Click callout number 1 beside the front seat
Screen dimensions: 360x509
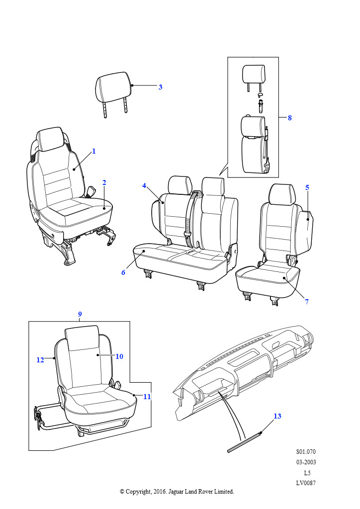94,151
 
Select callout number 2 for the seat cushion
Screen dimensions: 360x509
104,182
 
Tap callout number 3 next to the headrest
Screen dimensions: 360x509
161,87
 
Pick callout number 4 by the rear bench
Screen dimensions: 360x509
144,186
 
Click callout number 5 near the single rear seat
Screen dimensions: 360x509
307,187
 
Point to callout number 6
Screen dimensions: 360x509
123,273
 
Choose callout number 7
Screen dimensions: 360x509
307,302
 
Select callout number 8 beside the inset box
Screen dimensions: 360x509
290,118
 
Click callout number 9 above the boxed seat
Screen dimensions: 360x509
80,314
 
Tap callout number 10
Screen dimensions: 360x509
119,356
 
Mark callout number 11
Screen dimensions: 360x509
147,397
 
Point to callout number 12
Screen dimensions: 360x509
40,360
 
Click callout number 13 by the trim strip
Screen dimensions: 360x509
277,416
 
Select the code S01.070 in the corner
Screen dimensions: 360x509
306,451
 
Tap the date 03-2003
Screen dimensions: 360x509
306,462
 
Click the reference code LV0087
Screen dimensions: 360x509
306,483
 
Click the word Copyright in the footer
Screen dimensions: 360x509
138,492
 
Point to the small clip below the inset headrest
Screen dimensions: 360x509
260,94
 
